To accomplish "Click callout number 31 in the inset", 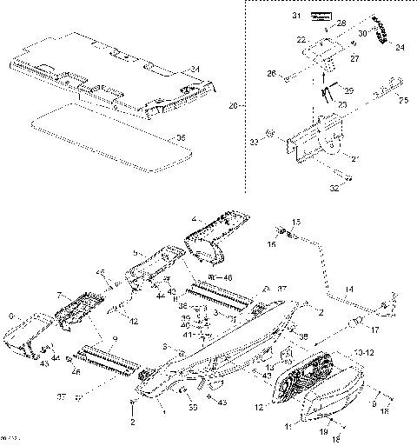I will [x=294, y=17].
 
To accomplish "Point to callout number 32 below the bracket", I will [x=334, y=185].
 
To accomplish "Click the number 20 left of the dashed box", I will [x=232, y=106].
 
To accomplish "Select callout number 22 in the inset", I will [x=301, y=40].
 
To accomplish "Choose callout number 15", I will [x=295, y=223].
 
